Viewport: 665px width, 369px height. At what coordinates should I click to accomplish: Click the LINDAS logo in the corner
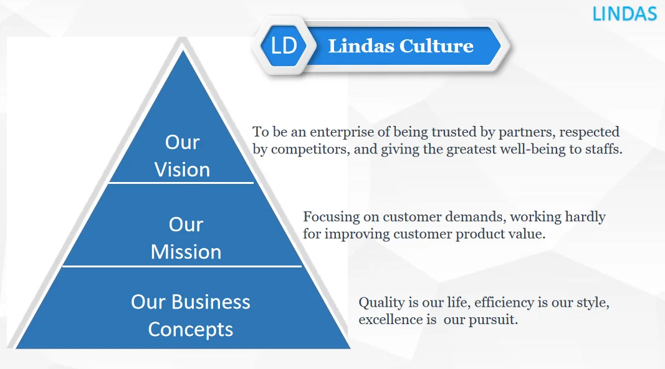[624, 13]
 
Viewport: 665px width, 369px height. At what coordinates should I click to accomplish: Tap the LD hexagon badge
[284, 46]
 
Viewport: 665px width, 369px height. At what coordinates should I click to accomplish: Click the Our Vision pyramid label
[182, 156]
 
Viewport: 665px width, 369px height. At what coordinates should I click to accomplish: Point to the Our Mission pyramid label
[186, 238]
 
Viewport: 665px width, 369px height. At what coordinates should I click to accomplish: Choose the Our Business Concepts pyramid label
[190, 315]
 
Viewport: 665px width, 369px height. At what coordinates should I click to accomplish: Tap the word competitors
[303, 150]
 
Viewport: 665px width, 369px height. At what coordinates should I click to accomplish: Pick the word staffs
[604, 150]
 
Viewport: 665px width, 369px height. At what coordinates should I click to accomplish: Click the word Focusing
[331, 217]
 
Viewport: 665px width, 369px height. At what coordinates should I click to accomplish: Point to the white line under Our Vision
[181, 183]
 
